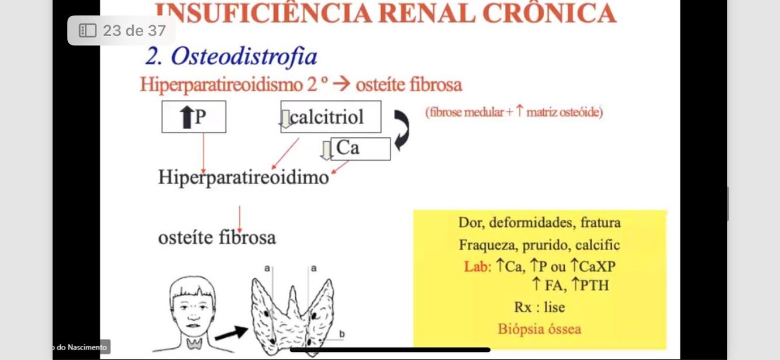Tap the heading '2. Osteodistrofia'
point(231,57)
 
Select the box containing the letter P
point(194,117)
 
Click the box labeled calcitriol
point(331,117)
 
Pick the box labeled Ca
point(360,148)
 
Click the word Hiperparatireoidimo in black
point(243,177)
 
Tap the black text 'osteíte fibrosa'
point(217,237)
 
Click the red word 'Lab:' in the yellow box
point(478,266)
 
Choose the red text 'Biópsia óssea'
point(539,329)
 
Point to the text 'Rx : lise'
point(539,307)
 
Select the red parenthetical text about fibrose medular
point(514,112)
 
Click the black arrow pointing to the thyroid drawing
point(231,334)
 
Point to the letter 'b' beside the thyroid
point(341,334)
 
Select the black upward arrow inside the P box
point(186,117)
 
